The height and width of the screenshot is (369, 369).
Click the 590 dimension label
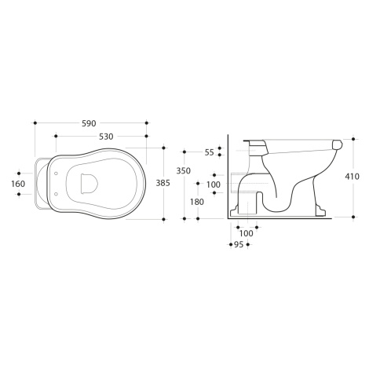[89, 123]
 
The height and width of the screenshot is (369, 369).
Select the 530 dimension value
[106, 137]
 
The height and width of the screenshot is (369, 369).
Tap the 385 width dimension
[163, 183]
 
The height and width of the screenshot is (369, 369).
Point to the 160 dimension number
[18, 184]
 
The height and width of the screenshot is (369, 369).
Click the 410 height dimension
[352, 177]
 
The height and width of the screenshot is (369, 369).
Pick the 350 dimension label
[184, 171]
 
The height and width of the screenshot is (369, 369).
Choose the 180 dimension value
[197, 202]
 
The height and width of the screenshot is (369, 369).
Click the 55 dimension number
[210, 152]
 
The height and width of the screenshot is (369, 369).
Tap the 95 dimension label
[239, 245]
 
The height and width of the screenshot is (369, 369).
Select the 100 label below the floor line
[247, 233]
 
